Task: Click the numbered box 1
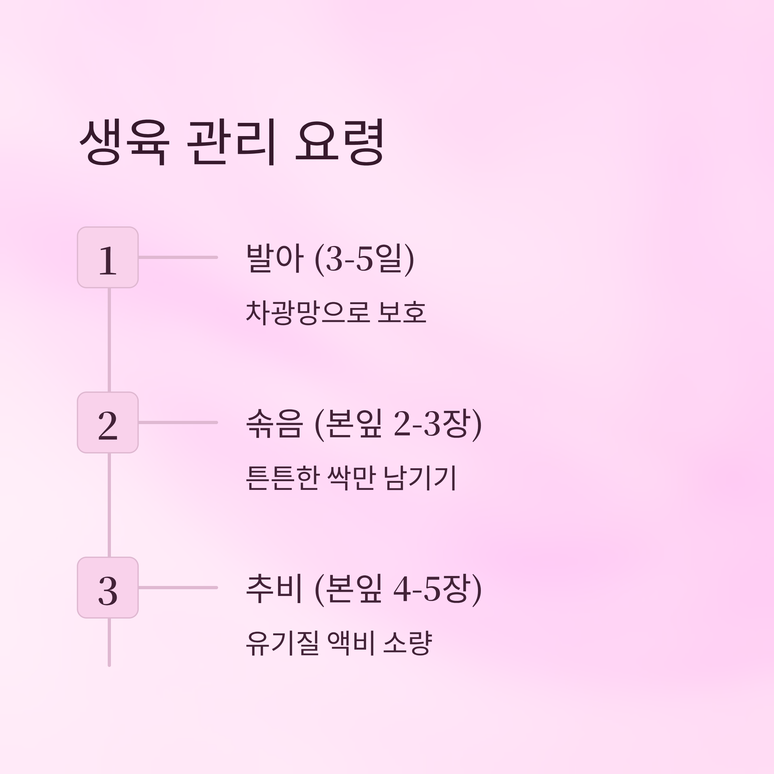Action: click(108, 257)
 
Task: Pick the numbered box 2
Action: click(108, 422)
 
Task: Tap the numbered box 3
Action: click(108, 587)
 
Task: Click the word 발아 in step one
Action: click(274, 258)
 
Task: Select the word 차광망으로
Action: click(308, 313)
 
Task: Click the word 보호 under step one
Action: click(402, 313)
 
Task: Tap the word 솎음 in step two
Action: click(273, 424)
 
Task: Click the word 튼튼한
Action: click(283, 478)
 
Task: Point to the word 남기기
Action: click(420, 478)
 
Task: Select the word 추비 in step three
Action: click(273, 589)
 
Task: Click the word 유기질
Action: click(283, 643)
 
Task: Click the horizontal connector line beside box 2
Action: click(178, 422)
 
